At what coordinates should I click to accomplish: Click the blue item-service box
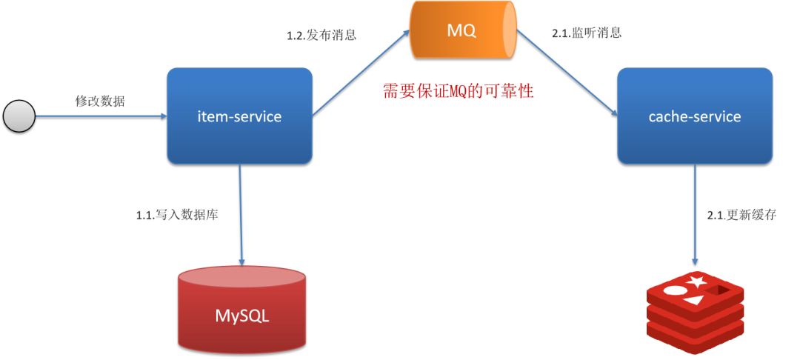pos(239,116)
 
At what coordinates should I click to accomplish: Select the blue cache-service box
pos(694,116)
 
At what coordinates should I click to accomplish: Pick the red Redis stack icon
pos(693,311)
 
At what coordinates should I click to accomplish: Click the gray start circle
pos(19,117)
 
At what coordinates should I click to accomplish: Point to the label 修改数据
pos(100,101)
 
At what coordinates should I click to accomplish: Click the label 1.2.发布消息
pos(321,35)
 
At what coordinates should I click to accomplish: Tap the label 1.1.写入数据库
pos(176,216)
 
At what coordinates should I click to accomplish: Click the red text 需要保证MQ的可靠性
pos(458,92)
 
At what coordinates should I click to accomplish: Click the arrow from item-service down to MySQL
pos(241,214)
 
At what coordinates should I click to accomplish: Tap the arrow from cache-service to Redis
pos(695,216)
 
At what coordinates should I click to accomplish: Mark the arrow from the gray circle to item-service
pos(100,116)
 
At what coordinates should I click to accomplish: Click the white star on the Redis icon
pos(696,282)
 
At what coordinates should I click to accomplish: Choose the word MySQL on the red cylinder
pos(242,316)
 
